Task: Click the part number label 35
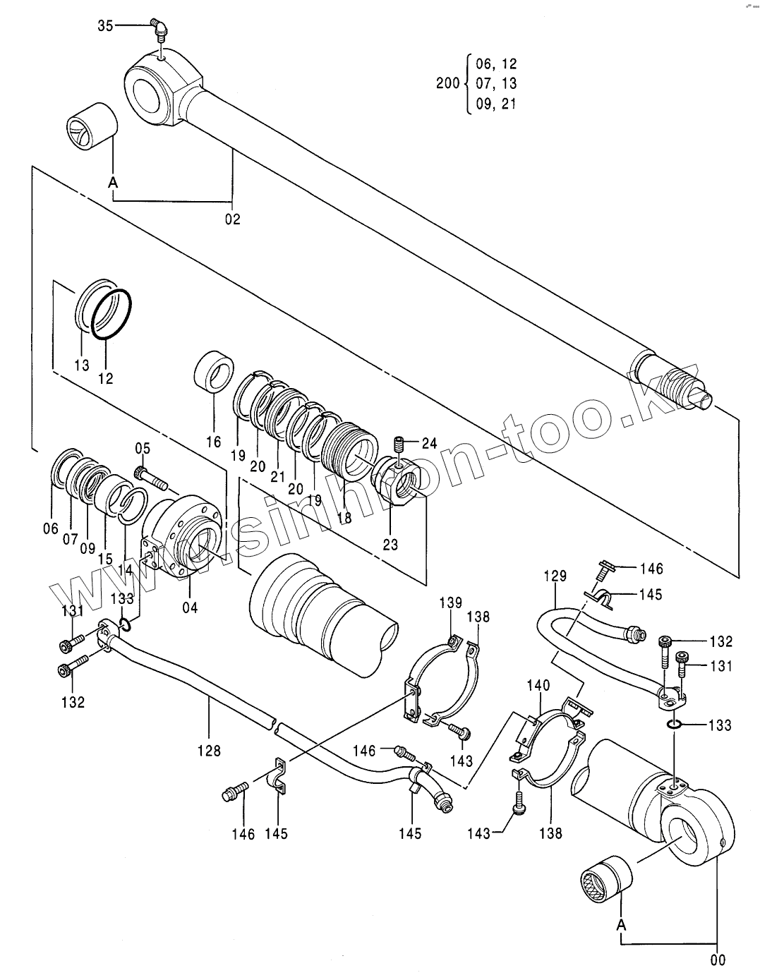coord(105,26)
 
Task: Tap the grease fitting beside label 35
coord(159,30)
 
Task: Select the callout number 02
coord(233,219)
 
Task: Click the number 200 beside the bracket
coord(448,83)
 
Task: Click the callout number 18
coord(344,518)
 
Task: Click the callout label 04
coord(190,607)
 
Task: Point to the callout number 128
coord(210,751)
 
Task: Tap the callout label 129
coord(555,576)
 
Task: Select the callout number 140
coord(538,686)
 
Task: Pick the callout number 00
coord(718,960)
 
